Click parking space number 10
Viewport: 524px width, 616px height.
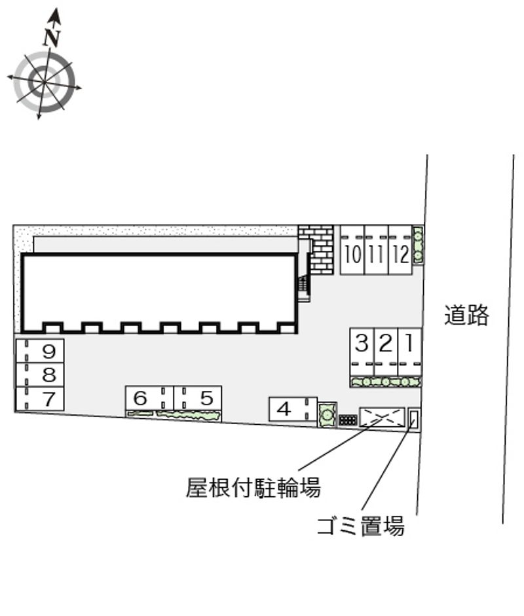coord(352,250)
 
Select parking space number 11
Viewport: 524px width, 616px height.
coord(377,250)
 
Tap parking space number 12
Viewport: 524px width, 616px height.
coord(401,250)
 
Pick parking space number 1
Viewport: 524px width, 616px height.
coord(409,352)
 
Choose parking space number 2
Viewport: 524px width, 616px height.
coord(386,352)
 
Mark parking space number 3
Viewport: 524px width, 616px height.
coord(362,352)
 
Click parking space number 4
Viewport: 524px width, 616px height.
coord(293,409)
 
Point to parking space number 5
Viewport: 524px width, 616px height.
coord(197,398)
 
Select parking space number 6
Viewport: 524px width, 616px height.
coord(149,398)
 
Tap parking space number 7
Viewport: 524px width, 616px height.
coord(40,399)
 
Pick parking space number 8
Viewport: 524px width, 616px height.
coord(40,375)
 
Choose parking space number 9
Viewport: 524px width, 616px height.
coord(40,351)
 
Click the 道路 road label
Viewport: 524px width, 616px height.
coord(466,315)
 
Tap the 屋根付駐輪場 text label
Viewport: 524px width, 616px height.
coord(253,488)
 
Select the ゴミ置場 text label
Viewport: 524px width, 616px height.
coord(361,526)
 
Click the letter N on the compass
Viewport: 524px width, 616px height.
coord(52,38)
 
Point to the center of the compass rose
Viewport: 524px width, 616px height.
coord(44,82)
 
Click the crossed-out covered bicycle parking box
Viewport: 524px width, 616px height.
coord(382,417)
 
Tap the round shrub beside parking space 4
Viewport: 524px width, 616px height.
coord(327,414)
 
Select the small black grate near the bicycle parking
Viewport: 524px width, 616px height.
coord(348,420)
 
